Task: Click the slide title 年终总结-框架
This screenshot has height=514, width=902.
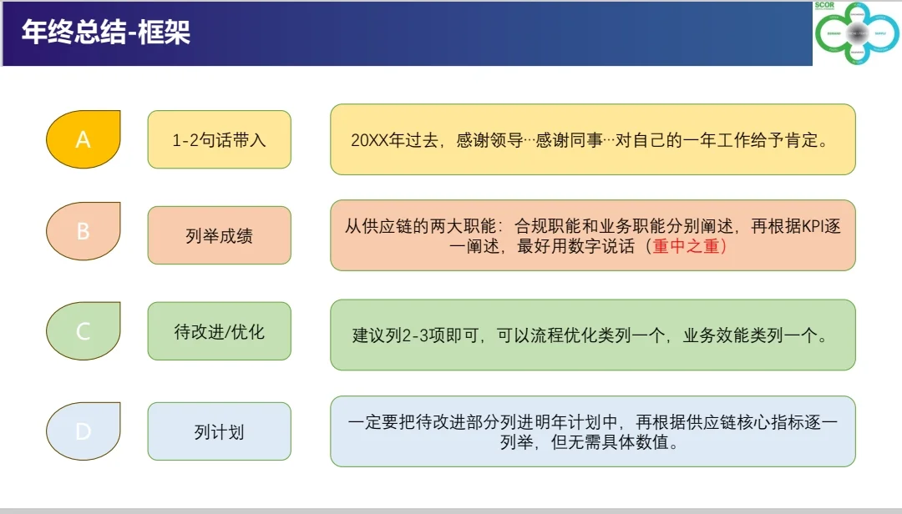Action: (106, 33)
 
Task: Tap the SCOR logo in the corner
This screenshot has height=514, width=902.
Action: (857, 33)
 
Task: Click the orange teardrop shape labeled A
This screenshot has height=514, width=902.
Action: (84, 139)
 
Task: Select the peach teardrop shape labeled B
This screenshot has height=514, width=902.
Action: (84, 232)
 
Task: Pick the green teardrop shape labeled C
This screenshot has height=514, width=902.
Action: (84, 331)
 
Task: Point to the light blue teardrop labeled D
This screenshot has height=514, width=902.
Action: (84, 431)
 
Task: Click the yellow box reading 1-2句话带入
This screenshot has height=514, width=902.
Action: (219, 139)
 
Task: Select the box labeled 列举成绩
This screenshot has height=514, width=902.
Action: (219, 235)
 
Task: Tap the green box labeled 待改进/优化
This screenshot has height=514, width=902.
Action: (219, 331)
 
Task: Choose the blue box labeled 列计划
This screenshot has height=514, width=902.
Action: (219, 432)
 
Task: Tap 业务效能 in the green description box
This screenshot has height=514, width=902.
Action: (712, 335)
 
